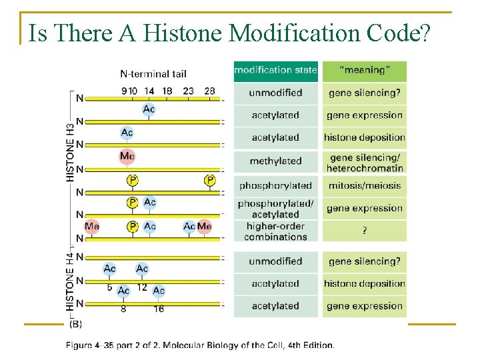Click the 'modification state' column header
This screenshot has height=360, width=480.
coord(275,70)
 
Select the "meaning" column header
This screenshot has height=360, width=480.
coord(364,70)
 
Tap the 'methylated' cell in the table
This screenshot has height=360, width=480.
coord(275,161)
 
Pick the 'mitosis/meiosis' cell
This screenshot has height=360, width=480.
coord(364,185)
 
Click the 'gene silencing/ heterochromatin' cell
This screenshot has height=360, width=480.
coord(364,162)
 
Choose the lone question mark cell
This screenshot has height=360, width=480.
coord(364,231)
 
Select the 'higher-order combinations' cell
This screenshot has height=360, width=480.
coord(275,231)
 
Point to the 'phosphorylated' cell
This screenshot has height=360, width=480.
coord(275,185)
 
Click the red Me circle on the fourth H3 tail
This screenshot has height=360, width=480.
coord(127,157)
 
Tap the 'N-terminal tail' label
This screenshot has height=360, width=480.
coord(153,74)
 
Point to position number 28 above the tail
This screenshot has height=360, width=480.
coord(209,91)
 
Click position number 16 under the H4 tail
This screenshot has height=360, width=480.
coord(159,309)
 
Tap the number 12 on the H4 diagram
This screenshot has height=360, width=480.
coord(142,287)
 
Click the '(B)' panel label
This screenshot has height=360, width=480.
coord(75,324)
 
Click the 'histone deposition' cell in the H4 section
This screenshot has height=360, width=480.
coord(364,283)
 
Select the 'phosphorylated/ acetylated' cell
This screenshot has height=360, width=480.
coord(275,209)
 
